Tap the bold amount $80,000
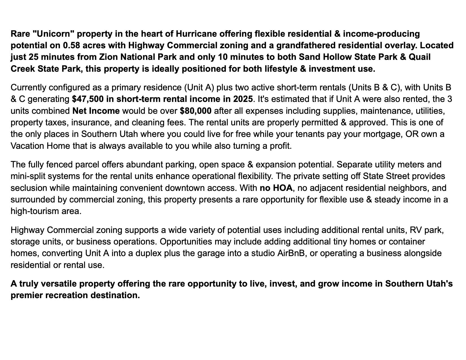click(195, 111)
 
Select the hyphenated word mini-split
click(28, 176)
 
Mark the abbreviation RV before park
click(416, 230)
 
